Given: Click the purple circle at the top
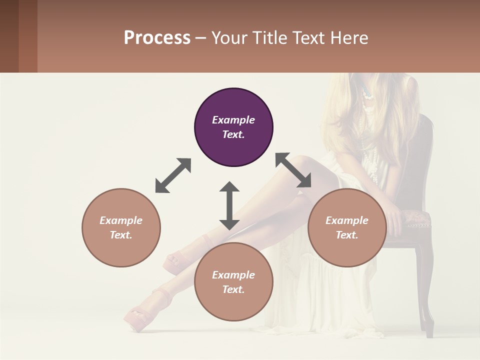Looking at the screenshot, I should pyautogui.click(x=233, y=127).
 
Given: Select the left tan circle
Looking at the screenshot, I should pyautogui.click(x=121, y=227).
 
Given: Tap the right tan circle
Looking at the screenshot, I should pyautogui.click(x=347, y=227).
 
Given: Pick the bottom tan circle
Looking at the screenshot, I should pyautogui.click(x=233, y=282).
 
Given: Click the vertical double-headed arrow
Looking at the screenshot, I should pyautogui.click(x=229, y=205).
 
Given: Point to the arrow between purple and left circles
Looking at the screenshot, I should pyautogui.click(x=173, y=175).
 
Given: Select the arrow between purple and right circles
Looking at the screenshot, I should pyautogui.click(x=293, y=170).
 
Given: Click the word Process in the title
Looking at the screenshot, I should pyautogui.click(x=157, y=38).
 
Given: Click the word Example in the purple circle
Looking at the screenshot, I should pyautogui.click(x=233, y=120).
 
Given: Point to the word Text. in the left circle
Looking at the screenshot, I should pyautogui.click(x=121, y=235).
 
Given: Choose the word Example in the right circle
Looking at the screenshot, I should pyautogui.click(x=347, y=220).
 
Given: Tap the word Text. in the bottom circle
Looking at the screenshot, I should pyautogui.click(x=233, y=289).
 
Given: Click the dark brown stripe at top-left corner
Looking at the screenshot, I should pyautogui.click(x=9, y=36).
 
